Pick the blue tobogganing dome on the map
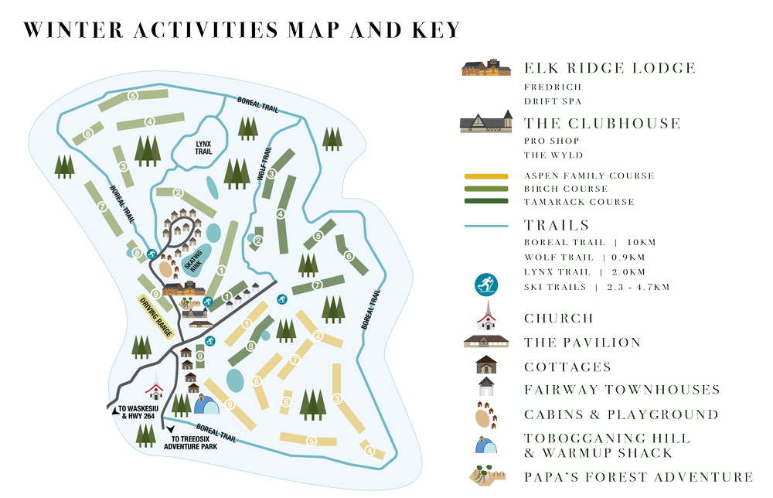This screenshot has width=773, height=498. point(206,404)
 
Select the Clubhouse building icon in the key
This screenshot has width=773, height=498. point(485,121)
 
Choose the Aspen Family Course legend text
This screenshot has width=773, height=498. point(589,176)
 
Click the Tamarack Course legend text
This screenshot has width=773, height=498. point(579,202)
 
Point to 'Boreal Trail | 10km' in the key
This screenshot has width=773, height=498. point(589,243)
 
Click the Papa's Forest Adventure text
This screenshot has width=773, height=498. point(638,477)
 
